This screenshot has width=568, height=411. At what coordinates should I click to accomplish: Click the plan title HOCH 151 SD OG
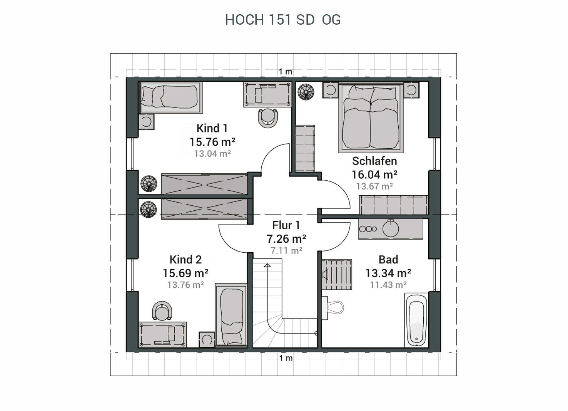pyautogui.click(x=283, y=20)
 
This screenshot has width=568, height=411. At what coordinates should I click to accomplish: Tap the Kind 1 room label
pyautogui.click(x=212, y=128)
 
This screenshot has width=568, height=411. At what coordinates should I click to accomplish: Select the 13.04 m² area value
pyautogui.click(x=212, y=154)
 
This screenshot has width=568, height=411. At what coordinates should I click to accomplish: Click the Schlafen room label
pyautogui.click(x=374, y=161)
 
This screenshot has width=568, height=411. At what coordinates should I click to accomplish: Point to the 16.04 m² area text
pyautogui.click(x=374, y=174)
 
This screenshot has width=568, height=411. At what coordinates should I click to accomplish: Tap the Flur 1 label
pyautogui.click(x=286, y=225)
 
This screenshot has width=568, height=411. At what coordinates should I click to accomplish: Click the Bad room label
pyautogui.click(x=388, y=260)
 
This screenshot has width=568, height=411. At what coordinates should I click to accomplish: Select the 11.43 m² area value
pyautogui.click(x=388, y=285)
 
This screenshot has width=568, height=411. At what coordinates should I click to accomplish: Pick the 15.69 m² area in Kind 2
pyautogui.click(x=185, y=273)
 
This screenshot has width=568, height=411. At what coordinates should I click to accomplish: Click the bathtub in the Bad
pyautogui.click(x=416, y=320)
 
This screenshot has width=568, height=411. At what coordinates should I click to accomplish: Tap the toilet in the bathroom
pyautogui.click(x=333, y=308)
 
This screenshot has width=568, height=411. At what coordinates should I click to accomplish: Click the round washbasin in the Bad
pyautogui.click(x=391, y=228)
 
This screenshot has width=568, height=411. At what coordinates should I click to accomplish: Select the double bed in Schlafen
pyautogui.click(x=371, y=117)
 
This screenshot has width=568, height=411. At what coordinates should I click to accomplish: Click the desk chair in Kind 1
pyautogui.click(x=268, y=118)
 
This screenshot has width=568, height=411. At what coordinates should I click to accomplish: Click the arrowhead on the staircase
pyautogui.click(x=267, y=265)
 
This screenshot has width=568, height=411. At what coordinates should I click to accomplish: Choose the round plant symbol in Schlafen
pyautogui.click(x=306, y=92)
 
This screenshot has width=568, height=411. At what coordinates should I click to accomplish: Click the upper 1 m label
pyautogui.click(x=286, y=72)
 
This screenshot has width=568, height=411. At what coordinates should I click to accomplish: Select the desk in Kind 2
pyautogui.click(x=162, y=334)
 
